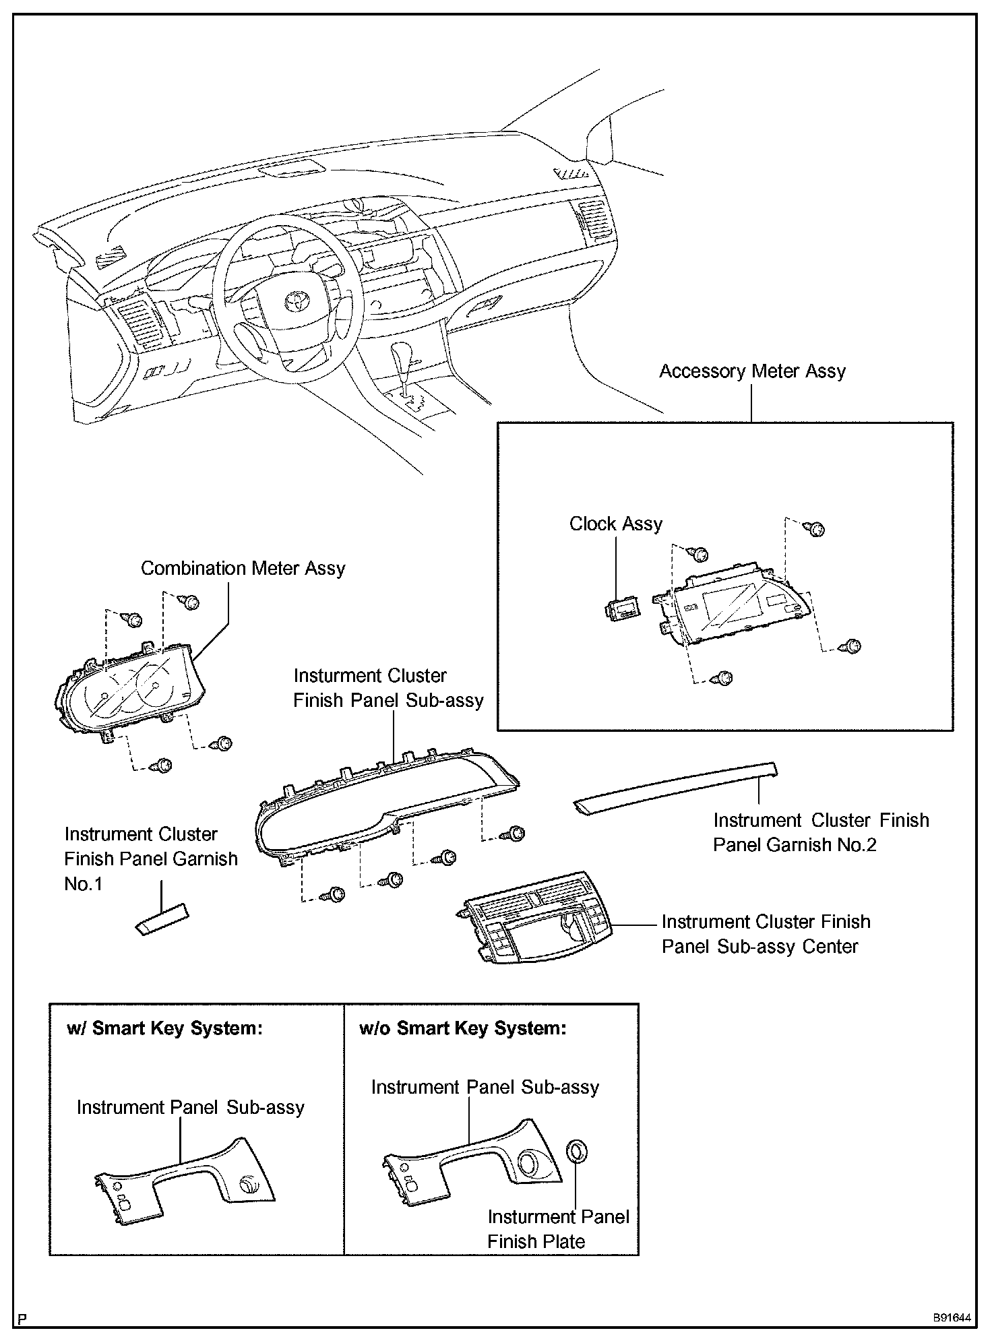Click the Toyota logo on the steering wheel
[294, 301]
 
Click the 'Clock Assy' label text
[615, 524]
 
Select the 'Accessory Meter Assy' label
[751, 371]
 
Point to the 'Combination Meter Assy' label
[243, 568]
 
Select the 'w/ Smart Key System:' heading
[164, 1028]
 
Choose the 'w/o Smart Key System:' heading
[463, 1028]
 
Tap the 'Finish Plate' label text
[536, 1241]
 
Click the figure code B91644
[952, 1317]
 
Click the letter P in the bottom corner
[23, 1319]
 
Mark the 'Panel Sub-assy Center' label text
[759, 946]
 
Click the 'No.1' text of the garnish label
[84, 883]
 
